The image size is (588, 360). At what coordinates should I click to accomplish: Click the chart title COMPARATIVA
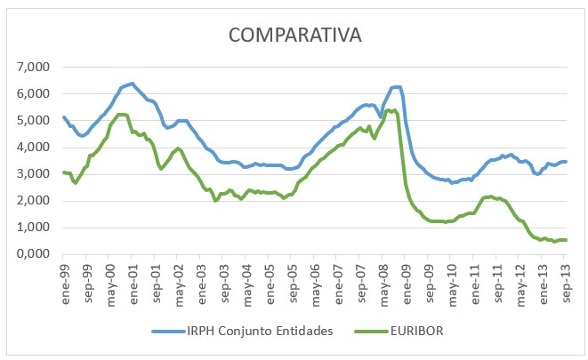[294, 36]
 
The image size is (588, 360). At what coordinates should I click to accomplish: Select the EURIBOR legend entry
[415, 332]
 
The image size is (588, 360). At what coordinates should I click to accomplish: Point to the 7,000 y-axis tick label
[33, 68]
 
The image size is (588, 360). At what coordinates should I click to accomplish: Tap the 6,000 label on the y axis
[33, 94]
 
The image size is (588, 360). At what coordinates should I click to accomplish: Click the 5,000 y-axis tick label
[33, 121]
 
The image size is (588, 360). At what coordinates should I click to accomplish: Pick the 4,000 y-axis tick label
[33, 148]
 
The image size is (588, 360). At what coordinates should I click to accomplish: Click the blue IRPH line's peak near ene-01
[132, 84]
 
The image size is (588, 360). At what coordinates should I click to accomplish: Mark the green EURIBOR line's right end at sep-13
[566, 240]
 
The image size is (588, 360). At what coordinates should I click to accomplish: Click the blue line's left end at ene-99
[63, 116]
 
